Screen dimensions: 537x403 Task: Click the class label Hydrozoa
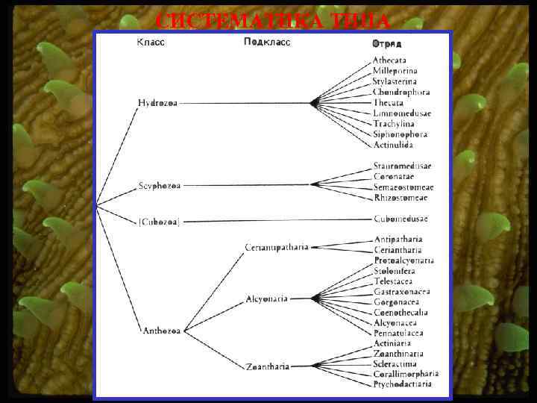pyautogui.click(x=157, y=102)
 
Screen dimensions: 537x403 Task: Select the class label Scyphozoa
pyautogui.click(x=160, y=185)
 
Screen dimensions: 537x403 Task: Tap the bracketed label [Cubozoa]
pyautogui.click(x=159, y=221)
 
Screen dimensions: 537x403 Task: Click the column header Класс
pyautogui.click(x=151, y=43)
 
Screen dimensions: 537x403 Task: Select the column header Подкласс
pyautogui.click(x=266, y=43)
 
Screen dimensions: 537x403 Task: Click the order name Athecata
pyautogui.click(x=389, y=60)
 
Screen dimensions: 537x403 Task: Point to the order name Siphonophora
pyautogui.click(x=400, y=134)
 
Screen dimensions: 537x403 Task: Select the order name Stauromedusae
pyautogui.click(x=403, y=166)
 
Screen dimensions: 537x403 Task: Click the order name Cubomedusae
pyautogui.click(x=401, y=219)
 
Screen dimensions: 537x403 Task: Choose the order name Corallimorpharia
pyautogui.click(x=406, y=374)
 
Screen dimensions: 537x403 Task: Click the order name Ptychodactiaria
pyautogui.click(x=403, y=384)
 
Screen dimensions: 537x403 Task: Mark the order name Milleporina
pyautogui.click(x=395, y=71)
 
